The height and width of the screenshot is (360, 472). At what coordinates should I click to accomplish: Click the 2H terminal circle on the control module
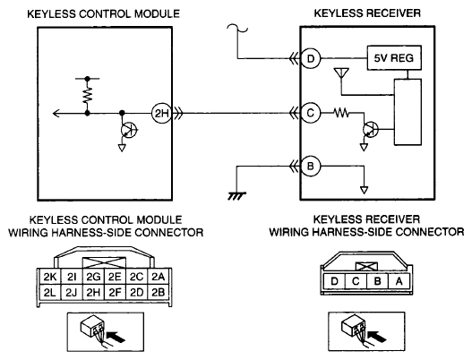[x=161, y=114]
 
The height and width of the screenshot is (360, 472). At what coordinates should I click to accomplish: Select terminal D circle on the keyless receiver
[x=311, y=58]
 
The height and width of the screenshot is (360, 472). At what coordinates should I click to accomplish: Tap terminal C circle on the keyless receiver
[x=311, y=113]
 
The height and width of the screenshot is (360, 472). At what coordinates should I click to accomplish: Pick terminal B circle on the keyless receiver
[x=311, y=166]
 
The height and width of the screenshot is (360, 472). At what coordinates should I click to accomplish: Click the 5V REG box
[x=394, y=58]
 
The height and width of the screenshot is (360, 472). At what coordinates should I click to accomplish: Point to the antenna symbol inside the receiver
[x=341, y=73]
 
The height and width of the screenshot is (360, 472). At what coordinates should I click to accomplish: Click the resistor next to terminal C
[x=341, y=113]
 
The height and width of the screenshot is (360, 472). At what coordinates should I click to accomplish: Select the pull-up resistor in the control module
[x=87, y=94]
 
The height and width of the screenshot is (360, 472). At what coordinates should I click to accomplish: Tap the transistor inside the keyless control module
[x=129, y=130]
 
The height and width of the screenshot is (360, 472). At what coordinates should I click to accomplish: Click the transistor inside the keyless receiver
[x=371, y=130]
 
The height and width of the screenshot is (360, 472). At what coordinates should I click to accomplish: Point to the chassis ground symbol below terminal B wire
[x=236, y=196]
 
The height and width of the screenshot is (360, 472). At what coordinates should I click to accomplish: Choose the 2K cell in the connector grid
[x=50, y=277]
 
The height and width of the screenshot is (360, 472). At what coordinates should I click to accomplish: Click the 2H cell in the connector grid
[x=93, y=292]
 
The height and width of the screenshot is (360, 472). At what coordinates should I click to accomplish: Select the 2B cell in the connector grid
[x=159, y=292]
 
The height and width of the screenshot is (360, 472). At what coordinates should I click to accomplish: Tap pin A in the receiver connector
[x=399, y=281]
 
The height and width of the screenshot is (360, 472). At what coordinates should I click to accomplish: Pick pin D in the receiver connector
[x=334, y=281]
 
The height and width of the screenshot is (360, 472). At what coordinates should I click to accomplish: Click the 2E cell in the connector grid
[x=115, y=277]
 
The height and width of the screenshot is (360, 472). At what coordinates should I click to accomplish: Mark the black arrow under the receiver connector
[x=377, y=336]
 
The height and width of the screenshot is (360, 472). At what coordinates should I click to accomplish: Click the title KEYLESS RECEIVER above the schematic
[x=367, y=13]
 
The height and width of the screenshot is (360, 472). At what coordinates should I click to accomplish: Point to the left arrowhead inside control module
[x=56, y=114]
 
